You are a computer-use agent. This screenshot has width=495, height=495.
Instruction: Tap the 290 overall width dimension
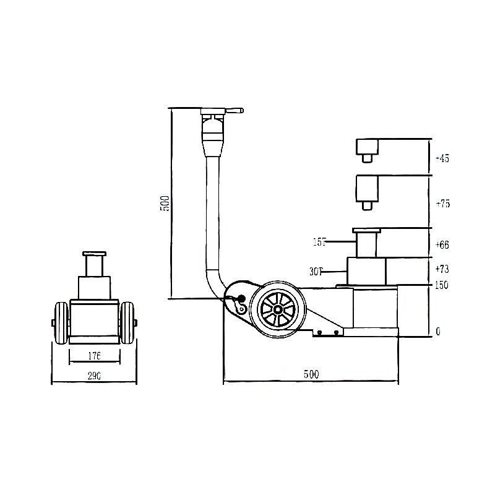point(93,376)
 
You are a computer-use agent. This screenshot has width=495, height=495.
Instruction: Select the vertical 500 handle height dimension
point(165,204)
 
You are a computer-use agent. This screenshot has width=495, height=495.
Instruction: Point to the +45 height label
point(442,158)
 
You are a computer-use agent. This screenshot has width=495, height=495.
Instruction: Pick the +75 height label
point(442,204)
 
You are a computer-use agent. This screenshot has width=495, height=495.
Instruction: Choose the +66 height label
point(442,245)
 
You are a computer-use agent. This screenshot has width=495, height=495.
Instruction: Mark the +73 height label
point(442,269)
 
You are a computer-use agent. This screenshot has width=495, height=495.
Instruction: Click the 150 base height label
point(441,285)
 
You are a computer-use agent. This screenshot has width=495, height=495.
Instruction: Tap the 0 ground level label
point(438,332)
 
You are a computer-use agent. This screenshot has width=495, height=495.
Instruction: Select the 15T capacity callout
point(319,243)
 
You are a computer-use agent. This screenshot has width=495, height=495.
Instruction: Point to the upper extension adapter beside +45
point(367,149)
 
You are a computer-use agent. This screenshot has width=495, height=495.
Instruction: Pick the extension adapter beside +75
point(367,189)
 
